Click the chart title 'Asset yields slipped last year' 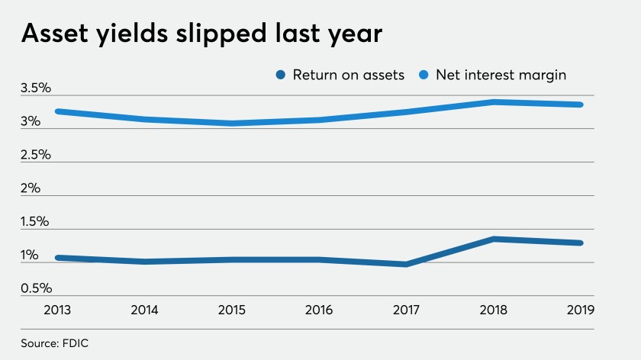201,34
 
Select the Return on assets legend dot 281,75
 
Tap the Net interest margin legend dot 424,75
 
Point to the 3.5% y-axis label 36,88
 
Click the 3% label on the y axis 31,121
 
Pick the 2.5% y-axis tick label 36,155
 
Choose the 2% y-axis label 31,188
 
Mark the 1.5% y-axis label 35,222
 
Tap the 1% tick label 30,256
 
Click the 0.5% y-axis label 37,288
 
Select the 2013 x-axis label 57,310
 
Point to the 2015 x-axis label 232,310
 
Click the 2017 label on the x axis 406,310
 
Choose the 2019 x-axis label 581,310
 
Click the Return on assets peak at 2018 494,239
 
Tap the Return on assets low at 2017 406,265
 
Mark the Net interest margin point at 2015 232,123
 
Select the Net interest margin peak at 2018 494,102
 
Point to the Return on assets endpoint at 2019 581,243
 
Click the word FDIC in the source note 76,343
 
